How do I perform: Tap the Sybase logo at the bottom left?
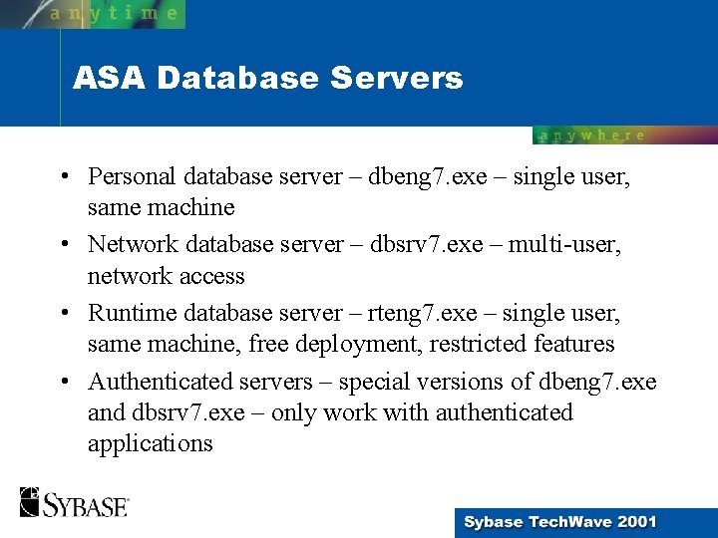tap(74, 503)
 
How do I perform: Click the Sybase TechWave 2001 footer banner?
tap(559, 521)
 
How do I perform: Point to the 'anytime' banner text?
tap(115, 13)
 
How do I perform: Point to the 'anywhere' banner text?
tap(592, 135)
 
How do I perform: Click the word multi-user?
tap(565, 244)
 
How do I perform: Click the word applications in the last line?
tap(150, 444)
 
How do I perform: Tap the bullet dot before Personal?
tap(63, 177)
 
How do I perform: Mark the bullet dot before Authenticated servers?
tap(63, 383)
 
